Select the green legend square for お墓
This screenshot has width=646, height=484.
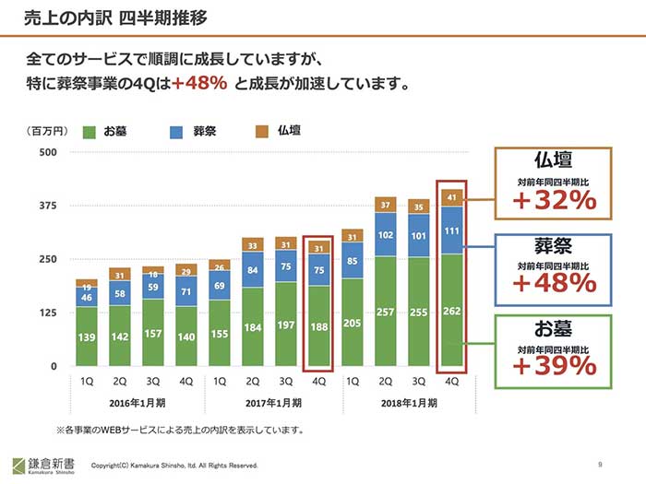pos(89,132)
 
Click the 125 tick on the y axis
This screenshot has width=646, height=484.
pos(49,313)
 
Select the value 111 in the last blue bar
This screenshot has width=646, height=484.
pos(451,231)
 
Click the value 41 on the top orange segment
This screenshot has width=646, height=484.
pos(451,196)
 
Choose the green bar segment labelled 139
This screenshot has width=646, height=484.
pos(86,338)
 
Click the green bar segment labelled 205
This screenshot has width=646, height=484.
pos(352,324)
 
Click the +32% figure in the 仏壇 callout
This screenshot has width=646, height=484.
pos(555,200)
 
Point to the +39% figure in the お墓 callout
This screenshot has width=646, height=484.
pos(555,366)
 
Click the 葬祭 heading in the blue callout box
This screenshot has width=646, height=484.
pos(555,246)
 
